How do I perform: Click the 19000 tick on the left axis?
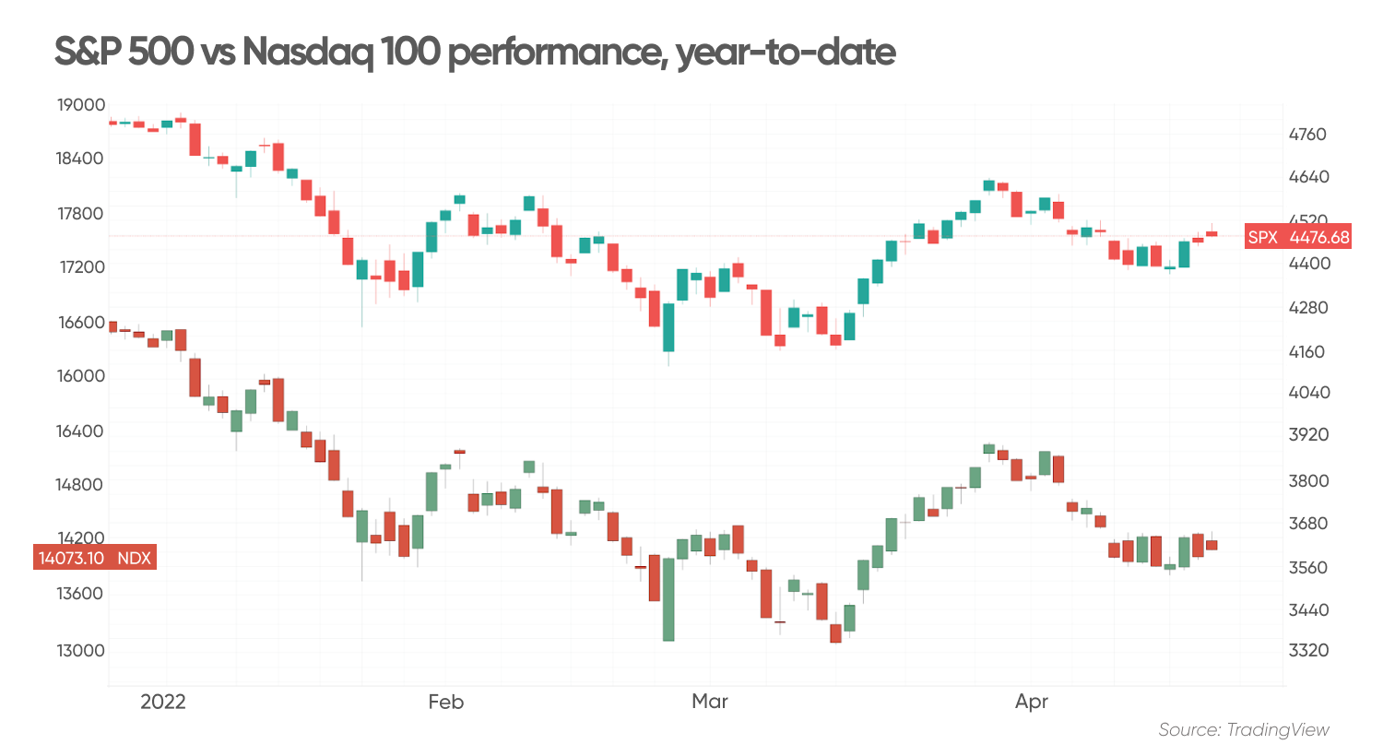tap(81, 105)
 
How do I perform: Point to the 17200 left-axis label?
tap(81, 267)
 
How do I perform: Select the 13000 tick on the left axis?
tap(81, 651)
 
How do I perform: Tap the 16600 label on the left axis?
tap(81, 323)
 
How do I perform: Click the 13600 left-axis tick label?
tap(81, 594)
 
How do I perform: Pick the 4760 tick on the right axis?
tap(1307, 135)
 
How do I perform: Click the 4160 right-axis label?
tap(1307, 352)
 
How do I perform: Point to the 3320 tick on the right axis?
tap(1307, 651)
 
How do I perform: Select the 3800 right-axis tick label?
tap(1307, 481)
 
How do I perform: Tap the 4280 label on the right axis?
tap(1307, 308)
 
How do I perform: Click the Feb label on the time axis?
tap(445, 702)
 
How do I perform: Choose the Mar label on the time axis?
tap(710, 702)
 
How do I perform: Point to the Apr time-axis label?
tap(1032, 702)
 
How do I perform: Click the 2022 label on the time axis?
tap(163, 702)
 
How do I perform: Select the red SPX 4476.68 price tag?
tap(1298, 237)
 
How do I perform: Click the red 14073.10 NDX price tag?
tap(94, 558)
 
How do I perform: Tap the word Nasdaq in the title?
tap(308, 52)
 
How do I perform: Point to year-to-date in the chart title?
tap(786, 52)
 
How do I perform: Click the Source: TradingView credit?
tap(1244, 730)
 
